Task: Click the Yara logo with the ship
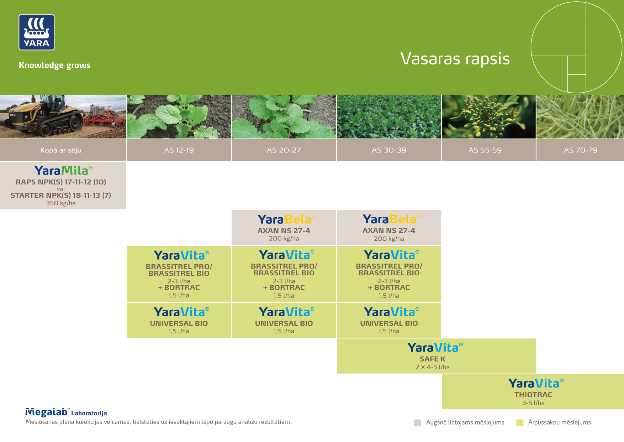click(37, 32)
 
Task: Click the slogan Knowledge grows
click(54, 65)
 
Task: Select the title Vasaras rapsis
click(455, 59)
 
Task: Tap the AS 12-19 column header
click(179, 150)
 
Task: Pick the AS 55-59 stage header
click(485, 150)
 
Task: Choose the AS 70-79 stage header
click(581, 150)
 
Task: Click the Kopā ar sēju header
click(61, 150)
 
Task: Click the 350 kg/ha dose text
click(61, 203)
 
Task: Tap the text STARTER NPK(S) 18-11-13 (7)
click(61, 195)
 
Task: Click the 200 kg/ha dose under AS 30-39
click(389, 239)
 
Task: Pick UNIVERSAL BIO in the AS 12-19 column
click(179, 323)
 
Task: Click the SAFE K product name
click(433, 359)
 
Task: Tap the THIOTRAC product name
click(533, 395)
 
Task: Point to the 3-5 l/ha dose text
click(533, 403)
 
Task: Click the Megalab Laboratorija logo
click(66, 412)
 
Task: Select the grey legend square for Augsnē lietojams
click(418, 423)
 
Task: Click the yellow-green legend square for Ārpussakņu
click(520, 423)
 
